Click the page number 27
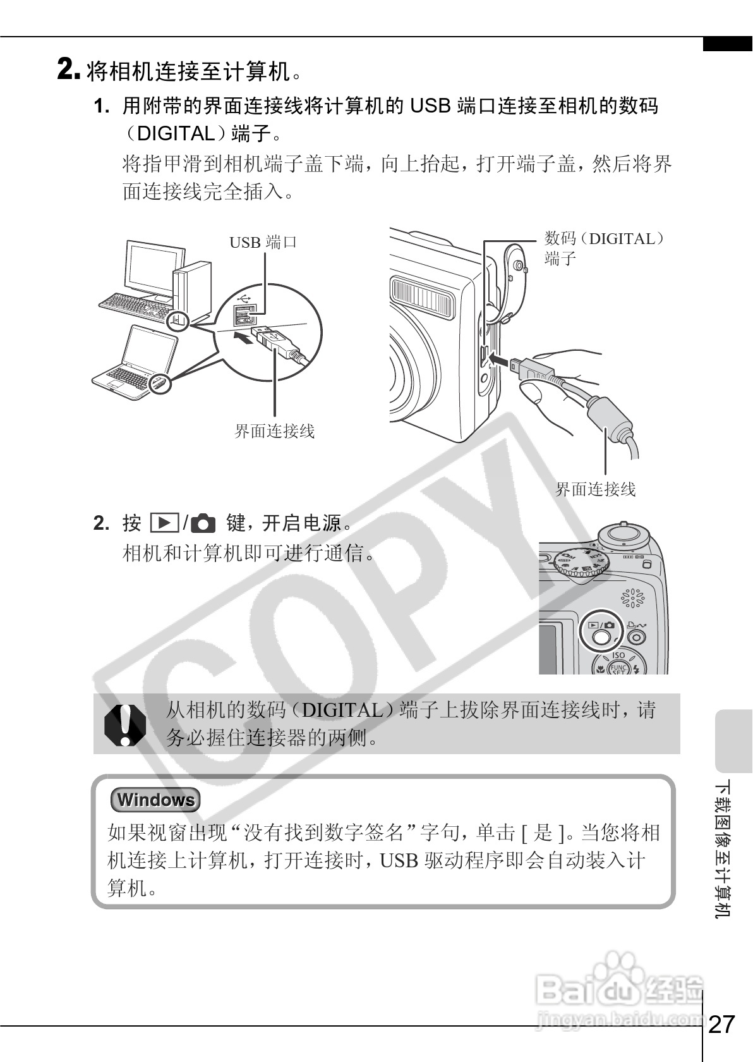point(722,1023)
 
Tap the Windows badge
point(155,800)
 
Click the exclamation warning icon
point(124,724)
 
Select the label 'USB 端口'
point(262,242)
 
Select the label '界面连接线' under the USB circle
point(274,432)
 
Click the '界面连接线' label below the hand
point(595,489)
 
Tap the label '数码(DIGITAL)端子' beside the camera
point(603,247)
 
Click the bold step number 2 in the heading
point(68,69)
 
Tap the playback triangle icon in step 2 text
point(164,523)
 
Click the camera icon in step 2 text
point(203,523)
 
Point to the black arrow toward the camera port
point(502,359)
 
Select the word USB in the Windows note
point(399,860)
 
